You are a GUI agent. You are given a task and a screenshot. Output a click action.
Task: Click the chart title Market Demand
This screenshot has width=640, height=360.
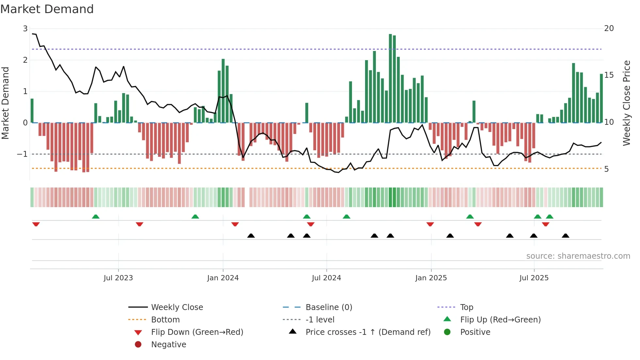[x=47, y=9]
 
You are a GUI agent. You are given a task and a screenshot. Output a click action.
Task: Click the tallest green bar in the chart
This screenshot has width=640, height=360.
[x=390, y=78]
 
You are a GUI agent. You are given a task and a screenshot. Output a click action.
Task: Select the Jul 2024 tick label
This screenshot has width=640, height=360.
[x=326, y=278]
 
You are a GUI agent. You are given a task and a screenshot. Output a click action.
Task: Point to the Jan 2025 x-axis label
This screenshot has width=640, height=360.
[x=431, y=278]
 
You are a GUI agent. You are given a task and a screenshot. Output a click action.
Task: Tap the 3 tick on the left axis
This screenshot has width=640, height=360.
[x=25, y=29]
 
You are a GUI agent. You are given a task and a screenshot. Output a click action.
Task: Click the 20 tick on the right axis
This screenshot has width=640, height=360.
[x=609, y=28]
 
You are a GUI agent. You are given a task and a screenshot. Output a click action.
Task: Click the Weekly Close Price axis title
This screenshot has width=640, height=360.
[x=626, y=103]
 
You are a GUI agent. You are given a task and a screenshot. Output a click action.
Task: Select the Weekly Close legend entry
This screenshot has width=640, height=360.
[x=177, y=307]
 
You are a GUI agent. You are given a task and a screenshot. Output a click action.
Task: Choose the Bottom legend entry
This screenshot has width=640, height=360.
[x=165, y=320]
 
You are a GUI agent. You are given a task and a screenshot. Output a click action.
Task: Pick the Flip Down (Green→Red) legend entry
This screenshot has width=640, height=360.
[x=197, y=332]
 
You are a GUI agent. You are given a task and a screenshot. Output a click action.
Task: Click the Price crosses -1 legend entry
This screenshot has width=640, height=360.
[x=368, y=332]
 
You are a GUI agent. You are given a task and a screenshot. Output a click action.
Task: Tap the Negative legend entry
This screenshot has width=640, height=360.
[x=168, y=345]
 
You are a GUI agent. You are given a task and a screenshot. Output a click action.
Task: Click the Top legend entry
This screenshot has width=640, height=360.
[x=466, y=307]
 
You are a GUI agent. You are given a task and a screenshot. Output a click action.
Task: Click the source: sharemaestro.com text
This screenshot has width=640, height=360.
[x=578, y=256]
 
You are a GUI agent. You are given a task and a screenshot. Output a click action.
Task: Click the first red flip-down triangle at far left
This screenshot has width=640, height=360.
[x=36, y=224]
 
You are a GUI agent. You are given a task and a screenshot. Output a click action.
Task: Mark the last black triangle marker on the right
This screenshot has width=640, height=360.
[x=566, y=236]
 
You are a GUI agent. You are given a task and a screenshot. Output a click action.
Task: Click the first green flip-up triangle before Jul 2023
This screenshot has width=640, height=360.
[x=96, y=217]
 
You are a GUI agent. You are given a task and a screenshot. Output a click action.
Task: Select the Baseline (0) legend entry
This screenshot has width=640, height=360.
[x=328, y=307]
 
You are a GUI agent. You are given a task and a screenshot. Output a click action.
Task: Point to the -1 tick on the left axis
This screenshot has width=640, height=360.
[x=22, y=154]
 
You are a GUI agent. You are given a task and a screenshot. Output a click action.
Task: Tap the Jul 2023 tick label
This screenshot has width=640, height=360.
[x=118, y=278]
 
